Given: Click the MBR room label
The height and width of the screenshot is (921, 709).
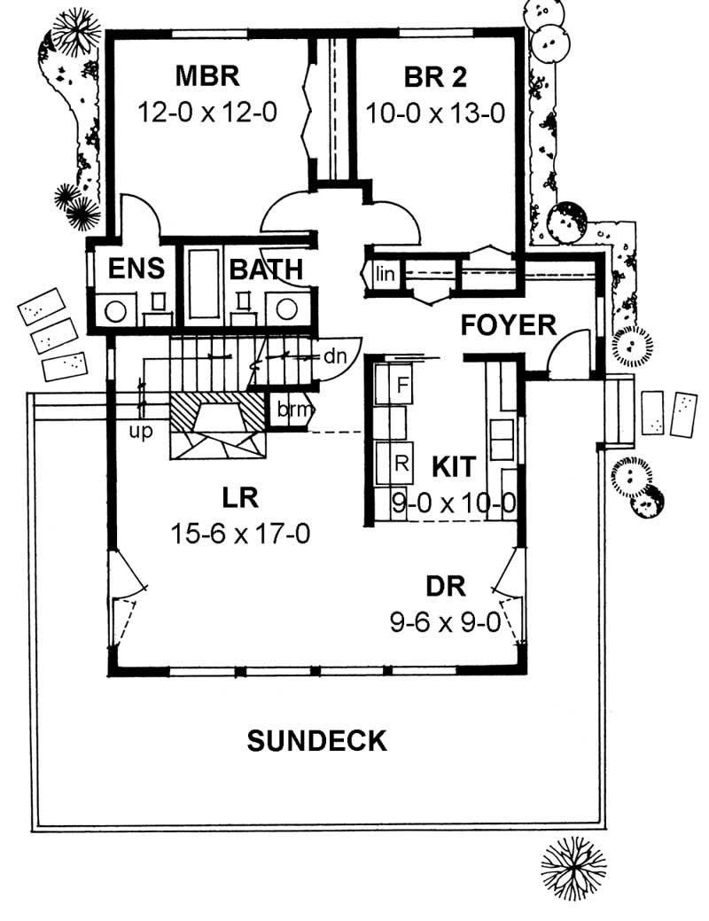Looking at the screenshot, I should pyautogui.click(x=207, y=76).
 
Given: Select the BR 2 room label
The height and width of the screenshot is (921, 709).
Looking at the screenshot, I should pyautogui.click(x=434, y=77).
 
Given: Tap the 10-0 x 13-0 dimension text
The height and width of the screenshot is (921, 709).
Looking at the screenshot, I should pyautogui.click(x=435, y=113).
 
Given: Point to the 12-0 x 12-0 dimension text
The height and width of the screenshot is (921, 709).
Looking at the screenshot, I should pyautogui.click(x=208, y=113).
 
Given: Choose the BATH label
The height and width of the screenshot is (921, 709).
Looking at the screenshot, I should pyautogui.click(x=267, y=269).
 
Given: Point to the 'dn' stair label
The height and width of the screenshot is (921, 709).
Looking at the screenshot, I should pyautogui.click(x=333, y=356).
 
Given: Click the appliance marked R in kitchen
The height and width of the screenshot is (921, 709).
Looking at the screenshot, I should pyautogui.click(x=401, y=462).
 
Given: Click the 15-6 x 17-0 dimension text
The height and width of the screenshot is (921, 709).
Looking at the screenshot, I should pyautogui.click(x=240, y=534).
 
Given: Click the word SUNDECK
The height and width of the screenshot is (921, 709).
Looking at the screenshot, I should pyautogui.click(x=316, y=740).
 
